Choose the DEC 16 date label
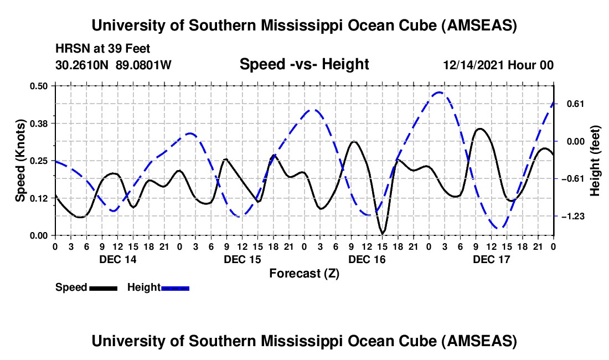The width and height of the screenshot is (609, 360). [366, 259]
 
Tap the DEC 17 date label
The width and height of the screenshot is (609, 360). [491, 259]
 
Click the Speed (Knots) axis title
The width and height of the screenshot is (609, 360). [20, 161]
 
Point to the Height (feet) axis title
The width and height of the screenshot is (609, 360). [595, 161]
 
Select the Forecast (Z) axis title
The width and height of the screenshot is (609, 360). [304, 273]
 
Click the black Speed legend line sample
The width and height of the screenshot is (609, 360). [102, 288]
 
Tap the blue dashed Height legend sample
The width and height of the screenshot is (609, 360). [175, 288]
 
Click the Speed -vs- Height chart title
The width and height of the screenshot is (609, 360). [304, 64]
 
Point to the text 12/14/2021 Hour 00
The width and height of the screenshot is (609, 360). [498, 65]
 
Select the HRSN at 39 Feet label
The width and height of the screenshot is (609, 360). [103, 49]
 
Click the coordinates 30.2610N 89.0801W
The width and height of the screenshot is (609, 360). [113, 65]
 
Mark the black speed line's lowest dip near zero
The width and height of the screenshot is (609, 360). [382, 232]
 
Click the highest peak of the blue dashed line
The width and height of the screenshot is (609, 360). [438, 92]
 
